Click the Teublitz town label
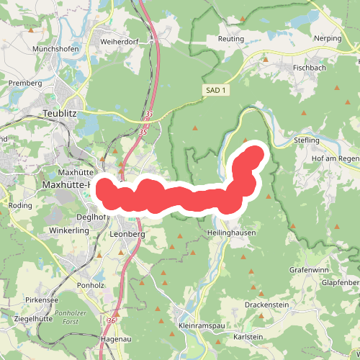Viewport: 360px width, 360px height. tap(65, 114)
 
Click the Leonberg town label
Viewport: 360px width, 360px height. tap(129, 234)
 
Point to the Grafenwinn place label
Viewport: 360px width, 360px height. tap(309, 269)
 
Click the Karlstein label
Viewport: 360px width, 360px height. tap(248, 337)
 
